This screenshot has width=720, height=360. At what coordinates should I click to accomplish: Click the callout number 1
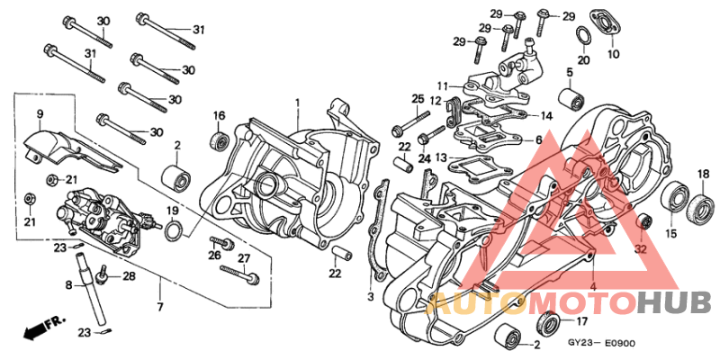[298, 103]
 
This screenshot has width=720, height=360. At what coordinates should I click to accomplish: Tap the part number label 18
[703, 174]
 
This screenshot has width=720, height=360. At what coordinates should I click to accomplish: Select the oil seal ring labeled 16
[218, 140]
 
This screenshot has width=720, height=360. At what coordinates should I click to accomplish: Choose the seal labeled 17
[545, 322]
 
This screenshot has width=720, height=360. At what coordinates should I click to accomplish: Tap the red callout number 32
[641, 249]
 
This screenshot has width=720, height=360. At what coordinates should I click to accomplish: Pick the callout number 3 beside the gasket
[370, 297]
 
